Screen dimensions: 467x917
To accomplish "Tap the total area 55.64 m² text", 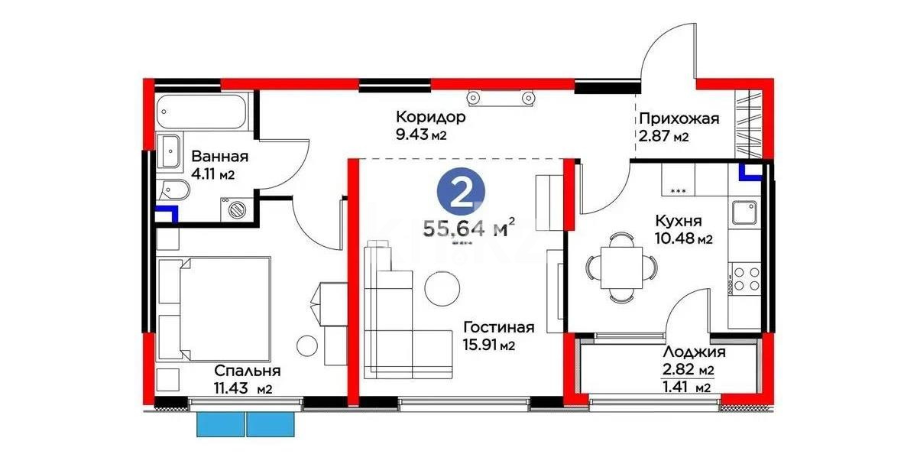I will click(468, 228).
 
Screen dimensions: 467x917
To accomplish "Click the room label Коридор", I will click(430, 118).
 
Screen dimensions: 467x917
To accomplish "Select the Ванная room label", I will click(219, 157).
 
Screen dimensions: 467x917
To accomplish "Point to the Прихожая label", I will click(679, 118).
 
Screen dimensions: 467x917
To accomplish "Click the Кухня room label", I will click(679, 220).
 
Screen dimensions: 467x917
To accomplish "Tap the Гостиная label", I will click(498, 327).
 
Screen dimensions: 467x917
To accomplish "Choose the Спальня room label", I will click(247, 371).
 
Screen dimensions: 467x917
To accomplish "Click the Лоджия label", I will click(694, 352).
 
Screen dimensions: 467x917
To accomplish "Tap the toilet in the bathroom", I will click(170, 189).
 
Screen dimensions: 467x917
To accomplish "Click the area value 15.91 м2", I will click(489, 345).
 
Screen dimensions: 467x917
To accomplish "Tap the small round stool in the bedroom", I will click(307, 345).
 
